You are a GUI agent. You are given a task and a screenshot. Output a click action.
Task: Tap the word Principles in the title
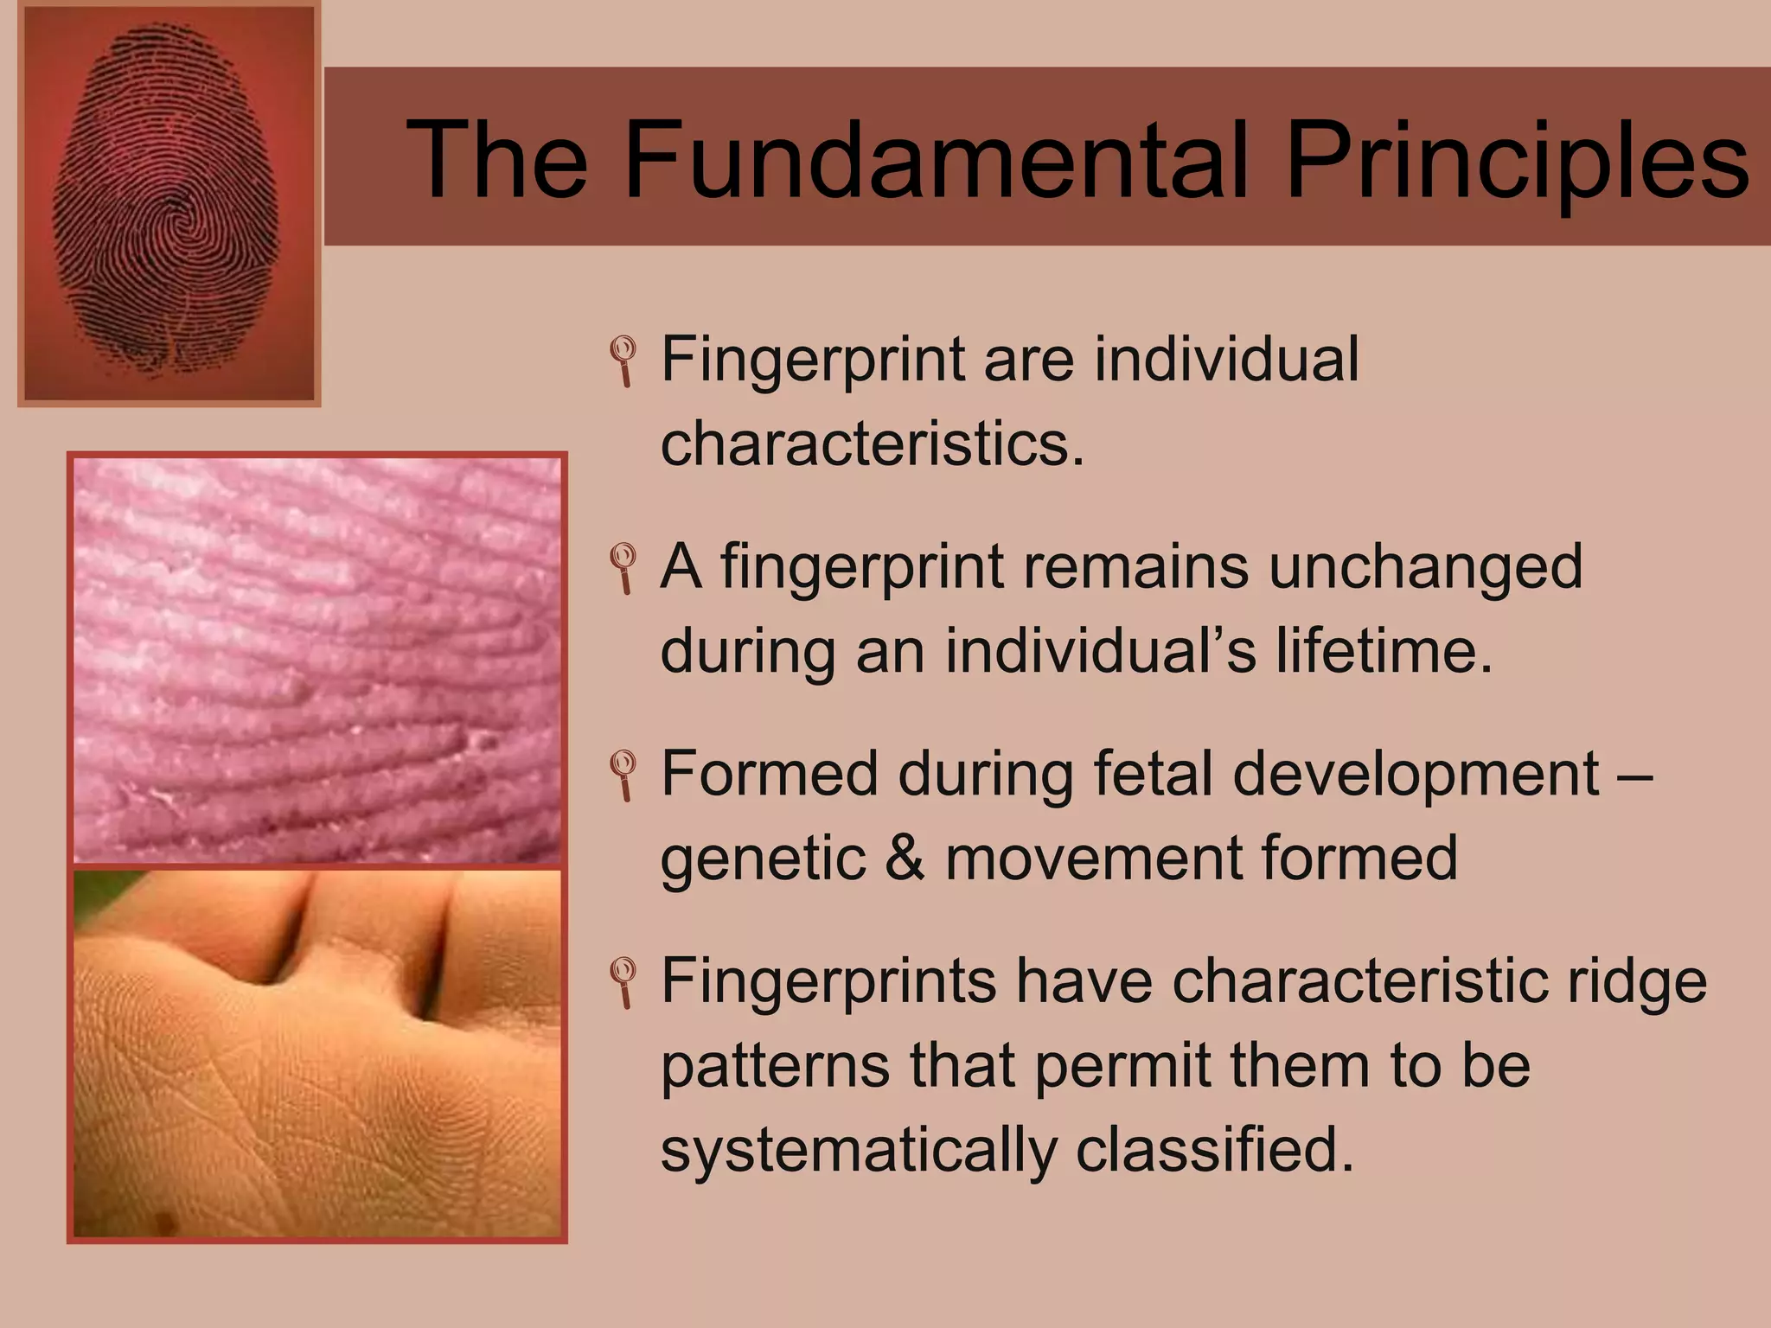click(1517, 160)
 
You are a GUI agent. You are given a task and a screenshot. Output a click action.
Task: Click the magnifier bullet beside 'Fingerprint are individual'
click(623, 360)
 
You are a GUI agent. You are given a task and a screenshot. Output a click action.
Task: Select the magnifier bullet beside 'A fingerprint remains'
click(623, 567)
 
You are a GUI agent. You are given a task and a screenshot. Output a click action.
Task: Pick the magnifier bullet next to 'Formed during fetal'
click(623, 775)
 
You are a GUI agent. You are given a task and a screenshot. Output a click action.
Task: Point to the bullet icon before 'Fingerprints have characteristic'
click(623, 982)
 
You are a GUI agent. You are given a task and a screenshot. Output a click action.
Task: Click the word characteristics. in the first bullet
click(872, 444)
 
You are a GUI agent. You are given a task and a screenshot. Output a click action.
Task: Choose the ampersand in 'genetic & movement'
click(905, 858)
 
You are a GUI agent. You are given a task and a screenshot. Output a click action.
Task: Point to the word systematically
click(858, 1151)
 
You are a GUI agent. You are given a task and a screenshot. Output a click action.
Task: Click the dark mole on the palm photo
click(163, 1222)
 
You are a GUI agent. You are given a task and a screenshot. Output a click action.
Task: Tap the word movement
click(1093, 858)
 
